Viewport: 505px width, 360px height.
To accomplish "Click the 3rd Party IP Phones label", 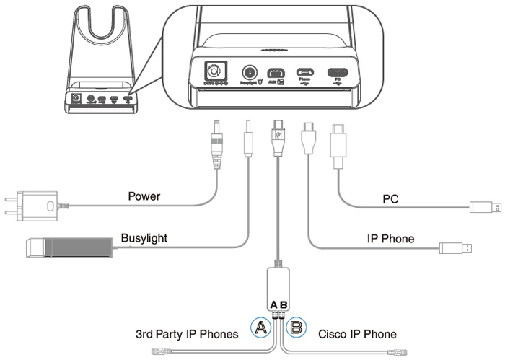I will pos(187,334).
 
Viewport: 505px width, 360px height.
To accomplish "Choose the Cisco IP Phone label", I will pos(357,334).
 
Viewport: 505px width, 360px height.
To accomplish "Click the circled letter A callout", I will pos(262,329).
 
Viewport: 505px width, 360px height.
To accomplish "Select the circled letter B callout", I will pos(297,329).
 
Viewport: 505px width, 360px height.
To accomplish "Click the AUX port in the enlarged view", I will pos(276,73).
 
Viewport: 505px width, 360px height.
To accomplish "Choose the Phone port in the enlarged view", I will pos(304,73).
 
